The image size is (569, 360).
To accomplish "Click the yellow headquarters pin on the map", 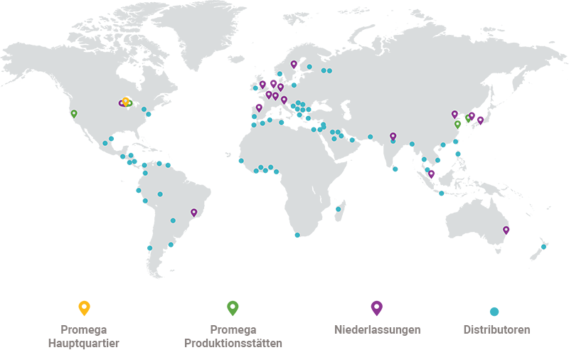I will (x=126, y=101).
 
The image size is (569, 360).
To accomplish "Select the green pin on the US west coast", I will (x=73, y=113).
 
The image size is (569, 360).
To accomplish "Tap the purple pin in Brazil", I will (x=193, y=212).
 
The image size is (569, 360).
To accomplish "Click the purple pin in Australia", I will (x=506, y=230).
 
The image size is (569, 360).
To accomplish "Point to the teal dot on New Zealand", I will (x=543, y=247).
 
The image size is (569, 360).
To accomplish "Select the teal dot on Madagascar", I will (x=338, y=209).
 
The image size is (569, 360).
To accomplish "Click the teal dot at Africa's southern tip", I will (x=297, y=235).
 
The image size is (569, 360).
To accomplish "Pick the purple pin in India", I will (x=393, y=136).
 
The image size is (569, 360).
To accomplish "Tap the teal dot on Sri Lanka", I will (x=395, y=169).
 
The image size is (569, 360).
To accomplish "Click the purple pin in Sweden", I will (x=293, y=64).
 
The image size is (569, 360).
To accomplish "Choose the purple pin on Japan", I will (x=480, y=120).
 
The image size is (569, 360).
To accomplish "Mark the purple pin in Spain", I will (x=259, y=108).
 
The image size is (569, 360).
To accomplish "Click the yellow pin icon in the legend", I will (x=84, y=307).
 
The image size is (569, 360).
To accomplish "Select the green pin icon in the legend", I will (x=233, y=307).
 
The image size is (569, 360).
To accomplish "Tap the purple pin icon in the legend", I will (x=377, y=307).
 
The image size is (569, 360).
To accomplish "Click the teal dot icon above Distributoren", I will (x=494, y=312).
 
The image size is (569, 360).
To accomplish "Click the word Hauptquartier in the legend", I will (x=84, y=344).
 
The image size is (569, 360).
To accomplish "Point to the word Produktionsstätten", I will (x=233, y=344).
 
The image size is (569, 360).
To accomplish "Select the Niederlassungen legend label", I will (x=377, y=330).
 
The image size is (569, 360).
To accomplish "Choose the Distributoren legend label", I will (x=496, y=330).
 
